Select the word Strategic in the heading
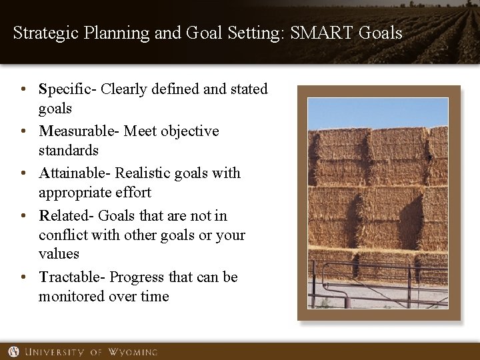pyautogui.click(x=43, y=32)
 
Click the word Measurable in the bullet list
pyautogui.click(x=75, y=131)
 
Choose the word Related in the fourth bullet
pyautogui.click(x=65, y=215)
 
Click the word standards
pyautogui.click(x=68, y=151)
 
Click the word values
pyautogui.click(x=59, y=254)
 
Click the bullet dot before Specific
pyautogui.click(x=23, y=89)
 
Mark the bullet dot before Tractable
pyautogui.click(x=23, y=277)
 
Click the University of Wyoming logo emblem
pyautogui.click(x=14, y=351)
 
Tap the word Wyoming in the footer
pyautogui.click(x=134, y=352)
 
